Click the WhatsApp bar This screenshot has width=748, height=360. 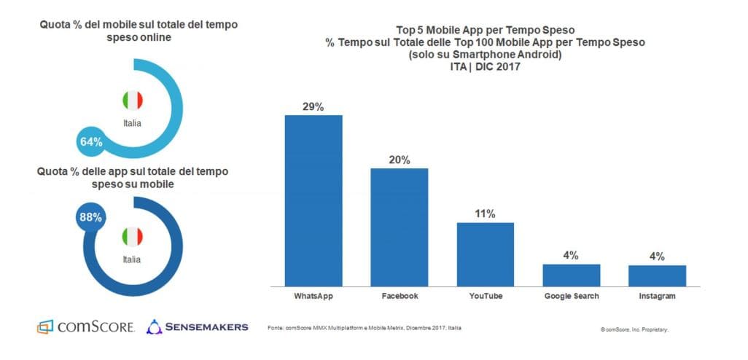click(313, 200)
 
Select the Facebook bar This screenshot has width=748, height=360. click(399, 227)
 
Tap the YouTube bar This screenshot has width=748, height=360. click(485, 254)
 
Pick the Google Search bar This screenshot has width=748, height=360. click(571, 275)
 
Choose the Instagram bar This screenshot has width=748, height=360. click(657, 275)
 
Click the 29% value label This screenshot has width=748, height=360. click(313, 106)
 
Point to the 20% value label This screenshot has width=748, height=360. click(399, 160)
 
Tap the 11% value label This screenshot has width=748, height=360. click(486, 214)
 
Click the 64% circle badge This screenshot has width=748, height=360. click(91, 141)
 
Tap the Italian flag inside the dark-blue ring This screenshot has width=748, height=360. click(132, 236)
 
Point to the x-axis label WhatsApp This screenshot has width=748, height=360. click(313, 297)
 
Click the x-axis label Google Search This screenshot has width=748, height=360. click(571, 297)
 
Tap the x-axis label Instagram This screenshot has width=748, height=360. click(657, 297)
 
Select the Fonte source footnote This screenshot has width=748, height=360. click(364, 328)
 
